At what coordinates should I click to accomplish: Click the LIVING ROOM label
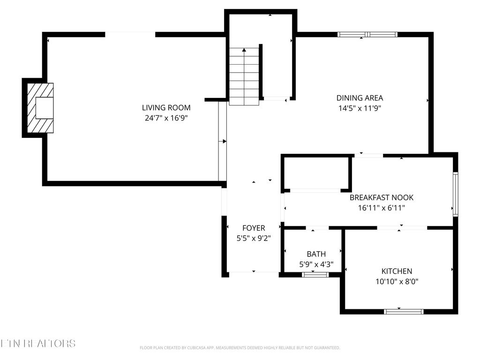pos(166,108)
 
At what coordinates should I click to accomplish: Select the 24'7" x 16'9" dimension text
pos(166,119)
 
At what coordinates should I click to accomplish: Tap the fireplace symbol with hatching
pos(40,108)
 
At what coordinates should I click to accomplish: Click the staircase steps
pos(244,77)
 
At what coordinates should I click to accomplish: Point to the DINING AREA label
pos(360,98)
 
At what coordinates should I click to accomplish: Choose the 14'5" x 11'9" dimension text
pos(360,108)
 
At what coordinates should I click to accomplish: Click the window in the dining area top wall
pos(367,34)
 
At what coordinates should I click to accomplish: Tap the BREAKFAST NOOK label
pos(382,198)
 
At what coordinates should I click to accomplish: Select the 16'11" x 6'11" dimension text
pos(382,208)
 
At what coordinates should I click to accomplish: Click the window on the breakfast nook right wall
pos(455,194)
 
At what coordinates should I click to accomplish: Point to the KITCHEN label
pos(397,271)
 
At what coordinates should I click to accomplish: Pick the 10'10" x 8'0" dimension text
pos(397,282)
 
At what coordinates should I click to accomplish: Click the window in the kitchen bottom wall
pos(404,311)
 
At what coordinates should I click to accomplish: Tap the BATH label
pos(316,254)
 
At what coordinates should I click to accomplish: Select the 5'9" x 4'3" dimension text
pos(316,264)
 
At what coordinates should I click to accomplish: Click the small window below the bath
pos(315,275)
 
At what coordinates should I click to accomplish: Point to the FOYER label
pos(254,228)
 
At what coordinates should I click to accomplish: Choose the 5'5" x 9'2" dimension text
pos(254,239)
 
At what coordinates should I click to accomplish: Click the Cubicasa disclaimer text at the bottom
pos(240,348)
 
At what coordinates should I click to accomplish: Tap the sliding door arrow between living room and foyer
pos(224,141)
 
